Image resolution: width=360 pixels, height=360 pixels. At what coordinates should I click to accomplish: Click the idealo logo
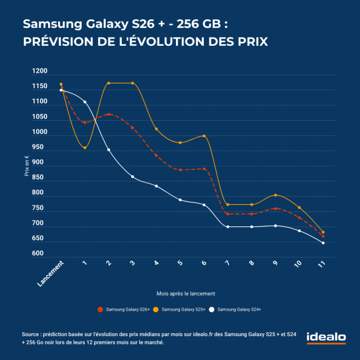(x=326, y=338)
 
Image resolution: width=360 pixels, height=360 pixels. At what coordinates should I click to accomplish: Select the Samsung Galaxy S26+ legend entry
(x=124, y=309)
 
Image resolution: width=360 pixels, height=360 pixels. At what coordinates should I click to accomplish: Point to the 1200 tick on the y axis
(x=40, y=71)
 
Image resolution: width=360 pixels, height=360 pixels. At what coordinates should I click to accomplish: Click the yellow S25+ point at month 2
(x=109, y=83)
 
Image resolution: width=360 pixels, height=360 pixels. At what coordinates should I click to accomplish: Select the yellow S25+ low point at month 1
(x=85, y=147)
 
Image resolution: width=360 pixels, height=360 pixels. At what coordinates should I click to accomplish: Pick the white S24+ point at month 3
(x=132, y=177)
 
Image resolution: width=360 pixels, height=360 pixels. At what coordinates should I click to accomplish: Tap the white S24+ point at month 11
(x=323, y=243)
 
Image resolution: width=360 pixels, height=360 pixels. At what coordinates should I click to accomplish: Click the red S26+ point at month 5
(x=180, y=170)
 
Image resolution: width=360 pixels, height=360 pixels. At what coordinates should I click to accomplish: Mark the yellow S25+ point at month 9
(x=275, y=195)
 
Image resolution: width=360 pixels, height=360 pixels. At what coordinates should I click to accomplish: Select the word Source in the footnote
(x=33, y=334)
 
